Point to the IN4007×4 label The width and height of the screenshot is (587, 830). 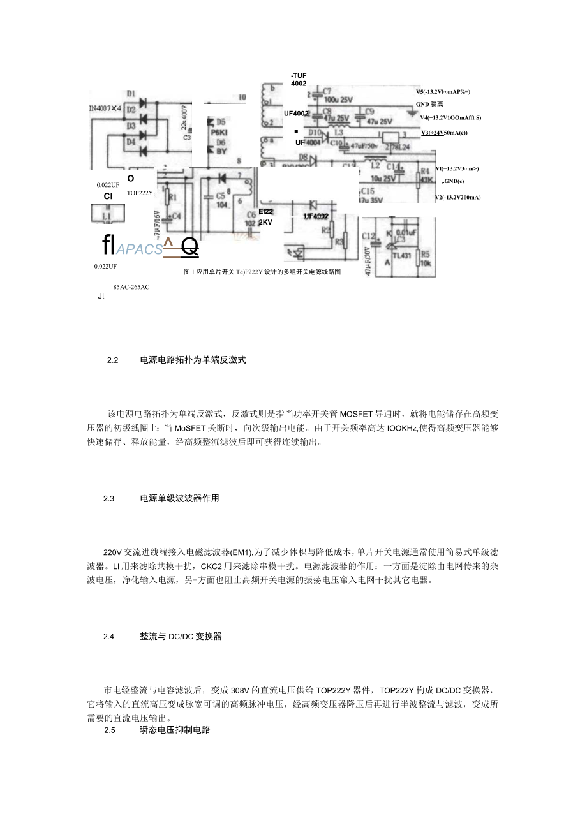pos(105,108)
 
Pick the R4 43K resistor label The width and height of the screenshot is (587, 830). pos(425,175)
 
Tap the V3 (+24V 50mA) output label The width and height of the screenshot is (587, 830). pos(445,133)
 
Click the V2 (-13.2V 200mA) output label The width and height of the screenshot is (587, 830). pos(457,198)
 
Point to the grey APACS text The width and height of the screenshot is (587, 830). pos(140,249)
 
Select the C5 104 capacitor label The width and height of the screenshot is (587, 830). pos(221,200)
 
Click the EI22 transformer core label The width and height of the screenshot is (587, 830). pos(266,212)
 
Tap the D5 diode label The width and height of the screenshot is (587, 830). pos(221,121)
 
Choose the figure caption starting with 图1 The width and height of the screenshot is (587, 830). pos(262,272)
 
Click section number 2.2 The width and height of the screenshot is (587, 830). pos(114,360)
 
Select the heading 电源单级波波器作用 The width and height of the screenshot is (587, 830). pos(179,498)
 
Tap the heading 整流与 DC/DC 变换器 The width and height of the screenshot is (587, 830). pos(181,636)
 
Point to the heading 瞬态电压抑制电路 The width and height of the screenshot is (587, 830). pos(175,730)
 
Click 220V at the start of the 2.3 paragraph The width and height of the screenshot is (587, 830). pos(112,551)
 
